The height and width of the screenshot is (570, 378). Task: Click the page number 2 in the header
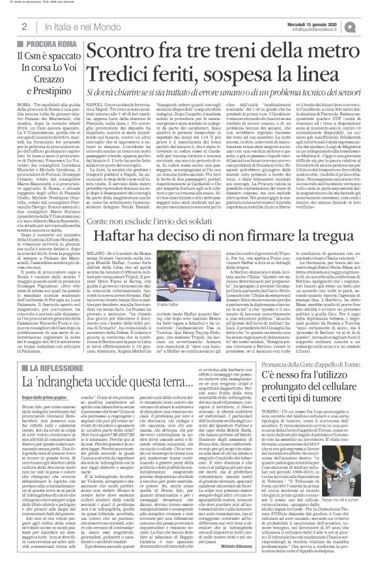[x=23, y=27]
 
